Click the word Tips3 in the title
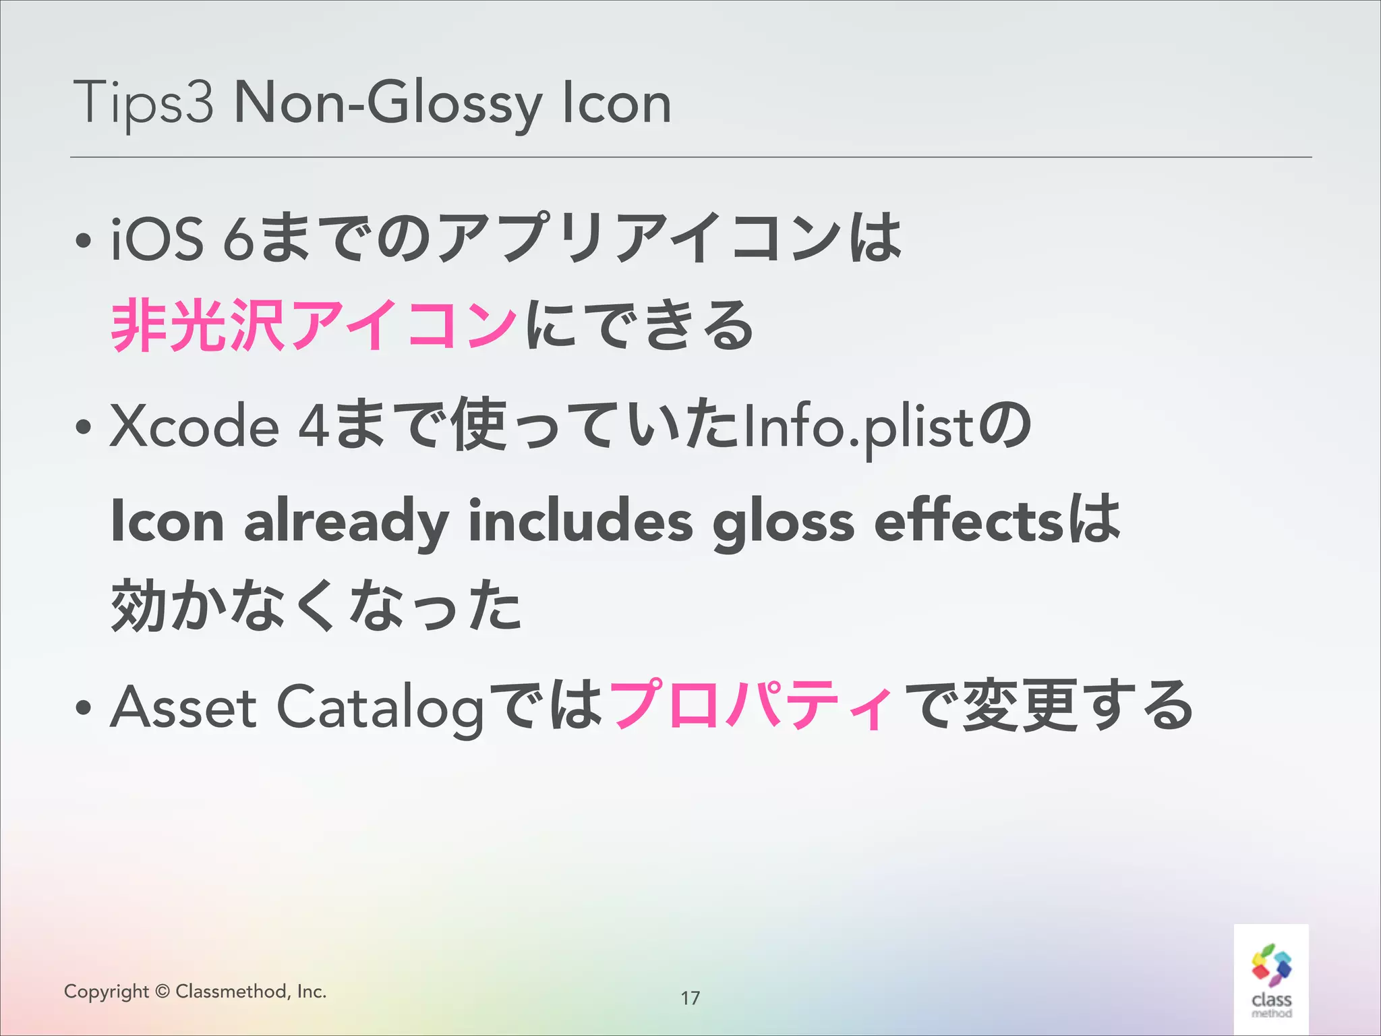[143, 103]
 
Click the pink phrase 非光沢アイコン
[314, 326]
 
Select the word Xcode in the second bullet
[194, 426]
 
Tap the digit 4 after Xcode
[314, 426]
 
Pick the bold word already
[346, 522]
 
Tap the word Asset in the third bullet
[183, 708]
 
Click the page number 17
[690, 998]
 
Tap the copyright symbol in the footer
[162, 991]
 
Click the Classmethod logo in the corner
[1271, 979]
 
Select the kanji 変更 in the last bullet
[1021, 706]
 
